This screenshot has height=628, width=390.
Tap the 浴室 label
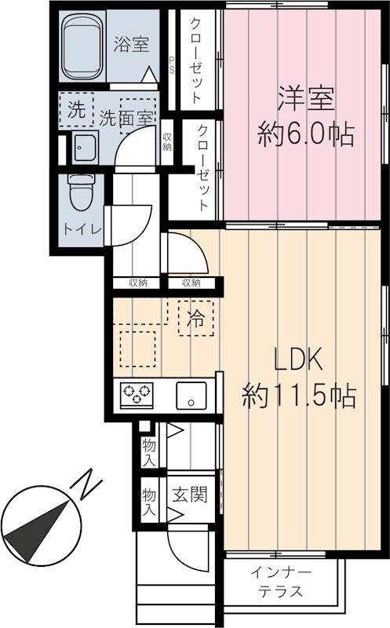131,45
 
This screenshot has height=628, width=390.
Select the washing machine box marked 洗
75,110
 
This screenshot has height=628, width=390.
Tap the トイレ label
82,229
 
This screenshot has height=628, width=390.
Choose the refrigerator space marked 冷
196,319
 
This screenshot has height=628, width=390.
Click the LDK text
298,361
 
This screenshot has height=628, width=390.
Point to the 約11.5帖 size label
299,394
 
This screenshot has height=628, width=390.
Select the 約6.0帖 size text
305,135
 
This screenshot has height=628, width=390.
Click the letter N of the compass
88,483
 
